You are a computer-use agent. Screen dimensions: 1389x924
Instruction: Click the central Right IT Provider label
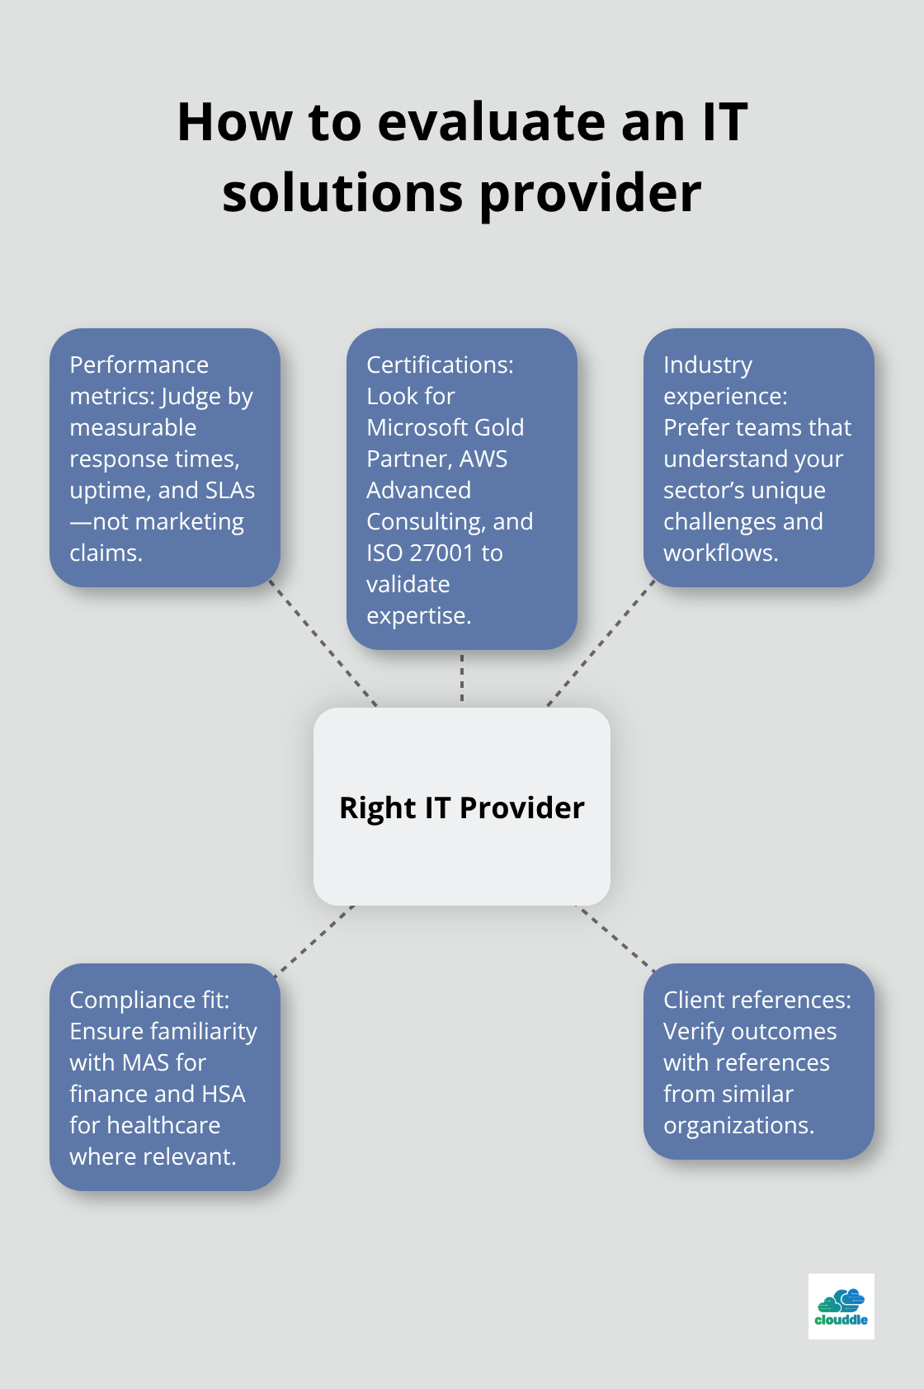[x=462, y=808]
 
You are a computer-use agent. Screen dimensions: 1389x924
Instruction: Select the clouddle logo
[x=841, y=1306]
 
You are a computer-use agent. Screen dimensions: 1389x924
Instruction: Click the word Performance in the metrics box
[x=139, y=365]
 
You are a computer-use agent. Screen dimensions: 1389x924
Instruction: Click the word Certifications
[x=440, y=365]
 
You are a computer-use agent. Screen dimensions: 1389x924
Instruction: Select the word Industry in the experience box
[x=708, y=365]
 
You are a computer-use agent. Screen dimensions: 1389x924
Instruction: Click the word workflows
[x=720, y=553]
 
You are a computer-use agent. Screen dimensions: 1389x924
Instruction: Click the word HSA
[x=224, y=1094]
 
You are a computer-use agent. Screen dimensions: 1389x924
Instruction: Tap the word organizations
[x=738, y=1125]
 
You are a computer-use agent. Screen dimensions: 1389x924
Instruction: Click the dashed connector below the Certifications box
[x=462, y=678]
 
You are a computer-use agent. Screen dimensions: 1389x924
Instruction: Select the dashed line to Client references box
[x=615, y=938]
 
